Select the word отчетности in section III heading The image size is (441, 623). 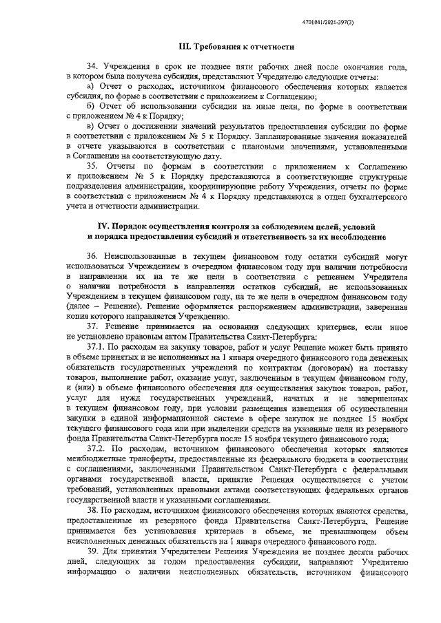(x=272, y=47)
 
